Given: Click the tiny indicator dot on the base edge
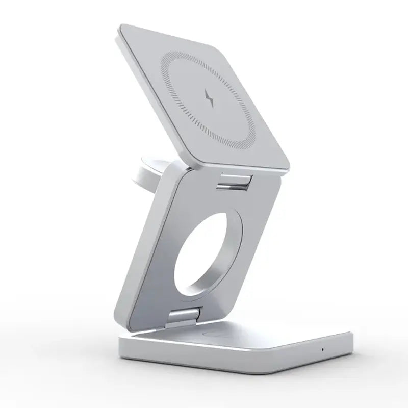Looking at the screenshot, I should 322,350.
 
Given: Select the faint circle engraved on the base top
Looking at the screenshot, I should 214,335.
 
